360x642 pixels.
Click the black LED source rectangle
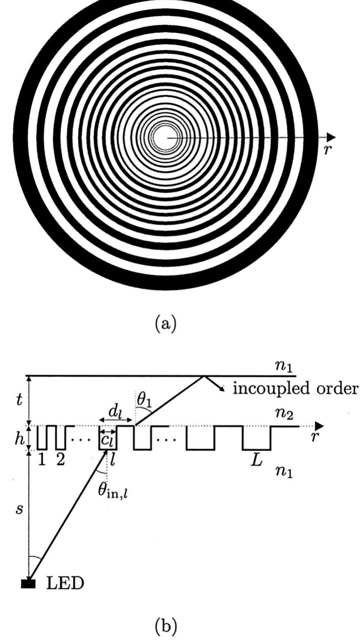coord(28,583)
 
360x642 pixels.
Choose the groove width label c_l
coord(107,440)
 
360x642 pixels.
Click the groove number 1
coord(42,460)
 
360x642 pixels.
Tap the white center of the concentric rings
coord(162,137)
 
